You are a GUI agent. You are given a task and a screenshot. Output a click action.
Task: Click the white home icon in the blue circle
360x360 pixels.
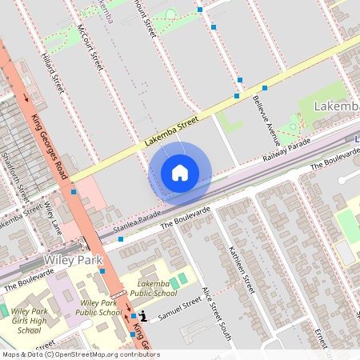(180, 172)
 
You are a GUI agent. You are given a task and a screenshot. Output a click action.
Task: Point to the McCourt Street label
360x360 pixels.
(90, 47)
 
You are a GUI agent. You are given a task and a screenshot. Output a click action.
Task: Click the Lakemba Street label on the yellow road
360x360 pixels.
(170, 131)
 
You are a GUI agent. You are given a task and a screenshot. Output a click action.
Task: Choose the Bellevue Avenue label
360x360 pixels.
(265, 113)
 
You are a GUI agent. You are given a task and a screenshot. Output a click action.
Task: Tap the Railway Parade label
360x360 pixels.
(286, 152)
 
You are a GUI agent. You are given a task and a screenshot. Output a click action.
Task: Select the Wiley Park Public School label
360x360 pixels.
(99, 308)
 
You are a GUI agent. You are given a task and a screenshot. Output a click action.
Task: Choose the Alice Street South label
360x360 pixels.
(216, 313)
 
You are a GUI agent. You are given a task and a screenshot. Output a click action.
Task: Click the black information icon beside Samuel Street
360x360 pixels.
(143, 317)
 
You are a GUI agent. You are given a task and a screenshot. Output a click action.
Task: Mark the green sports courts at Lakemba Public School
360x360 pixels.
(178, 278)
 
